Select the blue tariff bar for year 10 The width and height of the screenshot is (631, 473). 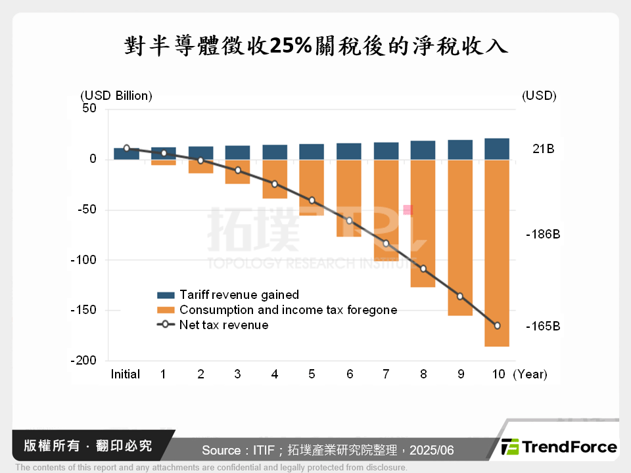pyautogui.click(x=497, y=149)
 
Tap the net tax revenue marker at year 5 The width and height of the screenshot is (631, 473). pyautogui.click(x=312, y=200)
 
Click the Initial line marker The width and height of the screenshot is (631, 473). pyautogui.click(x=126, y=148)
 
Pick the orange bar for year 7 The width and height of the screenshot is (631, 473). pyautogui.click(x=386, y=210)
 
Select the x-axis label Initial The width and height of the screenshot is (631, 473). pyautogui.click(x=125, y=374)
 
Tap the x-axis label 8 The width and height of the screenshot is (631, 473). pyautogui.click(x=423, y=374)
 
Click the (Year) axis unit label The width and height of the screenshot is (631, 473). pyautogui.click(x=530, y=374)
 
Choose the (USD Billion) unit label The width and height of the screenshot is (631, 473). pyautogui.click(x=116, y=95)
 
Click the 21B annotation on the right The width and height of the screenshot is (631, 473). pyautogui.click(x=543, y=149)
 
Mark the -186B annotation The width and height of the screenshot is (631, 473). pyautogui.click(x=542, y=234)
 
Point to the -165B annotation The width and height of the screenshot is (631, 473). pyautogui.click(x=542, y=326)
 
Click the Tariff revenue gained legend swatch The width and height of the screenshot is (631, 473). pyautogui.click(x=165, y=295)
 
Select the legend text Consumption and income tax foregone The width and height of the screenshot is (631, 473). pyautogui.click(x=288, y=309)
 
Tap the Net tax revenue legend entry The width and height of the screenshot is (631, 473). pyautogui.click(x=223, y=325)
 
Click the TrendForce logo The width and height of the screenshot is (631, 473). pyautogui.click(x=559, y=447)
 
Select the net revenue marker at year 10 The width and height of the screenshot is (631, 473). pyautogui.click(x=497, y=326)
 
